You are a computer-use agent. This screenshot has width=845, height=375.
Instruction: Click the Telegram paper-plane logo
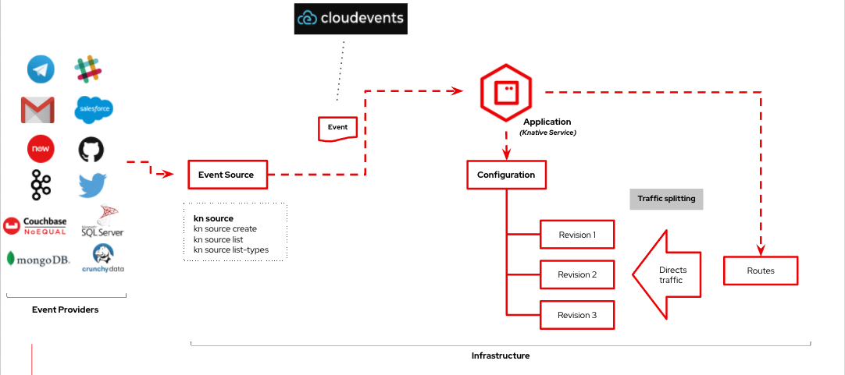coord(41,69)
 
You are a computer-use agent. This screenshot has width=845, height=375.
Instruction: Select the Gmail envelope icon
coord(37,110)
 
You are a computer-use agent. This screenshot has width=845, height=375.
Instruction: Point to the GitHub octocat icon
coord(91,149)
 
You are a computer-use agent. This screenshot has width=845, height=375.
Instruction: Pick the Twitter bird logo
coord(92,186)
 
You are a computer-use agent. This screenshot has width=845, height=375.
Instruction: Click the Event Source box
coord(226,175)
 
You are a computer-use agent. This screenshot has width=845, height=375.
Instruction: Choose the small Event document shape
coord(337,128)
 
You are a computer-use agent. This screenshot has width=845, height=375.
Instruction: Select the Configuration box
coord(506,175)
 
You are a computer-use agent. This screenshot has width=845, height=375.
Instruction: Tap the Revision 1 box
coord(577,235)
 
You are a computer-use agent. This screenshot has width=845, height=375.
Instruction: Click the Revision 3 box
coord(577,315)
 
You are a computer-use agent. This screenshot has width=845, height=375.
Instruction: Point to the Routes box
coord(761,271)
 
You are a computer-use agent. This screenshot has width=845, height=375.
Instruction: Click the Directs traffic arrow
coord(665,274)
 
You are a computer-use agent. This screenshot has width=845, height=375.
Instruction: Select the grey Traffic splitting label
coord(666,199)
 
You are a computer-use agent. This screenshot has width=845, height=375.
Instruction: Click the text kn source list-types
coord(231,249)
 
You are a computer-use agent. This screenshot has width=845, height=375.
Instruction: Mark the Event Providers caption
coord(66,310)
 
